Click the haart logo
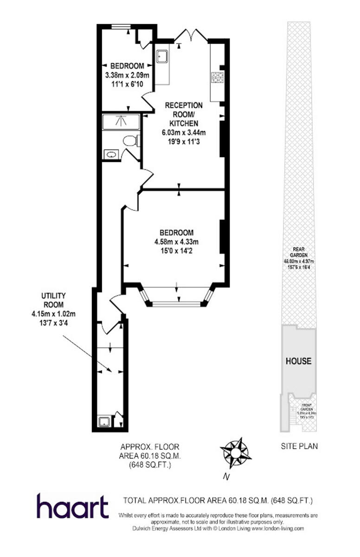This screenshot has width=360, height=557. [x=72, y=506]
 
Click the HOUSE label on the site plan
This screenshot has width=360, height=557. [x=298, y=361]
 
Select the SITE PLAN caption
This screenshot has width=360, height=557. [x=299, y=447]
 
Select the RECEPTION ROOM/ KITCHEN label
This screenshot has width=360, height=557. [x=184, y=114]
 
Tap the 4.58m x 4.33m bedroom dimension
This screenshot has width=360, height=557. [x=176, y=242]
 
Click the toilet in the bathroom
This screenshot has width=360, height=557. [x=131, y=140]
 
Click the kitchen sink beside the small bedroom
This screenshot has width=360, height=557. [x=162, y=56]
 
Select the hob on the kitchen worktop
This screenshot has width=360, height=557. [x=217, y=77]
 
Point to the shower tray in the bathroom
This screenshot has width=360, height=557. [x=121, y=122]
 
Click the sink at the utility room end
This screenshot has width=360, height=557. [x=104, y=421]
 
